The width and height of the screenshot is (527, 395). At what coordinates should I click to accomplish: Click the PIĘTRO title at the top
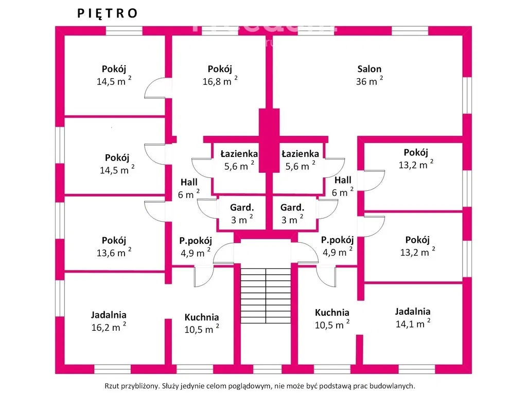[108, 14]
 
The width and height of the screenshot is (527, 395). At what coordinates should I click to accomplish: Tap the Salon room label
[370, 69]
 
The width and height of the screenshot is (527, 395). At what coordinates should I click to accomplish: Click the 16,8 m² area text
[219, 81]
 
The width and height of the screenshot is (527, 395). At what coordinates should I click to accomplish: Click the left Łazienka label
[239, 153]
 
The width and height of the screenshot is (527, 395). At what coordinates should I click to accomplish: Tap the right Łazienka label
[300, 153]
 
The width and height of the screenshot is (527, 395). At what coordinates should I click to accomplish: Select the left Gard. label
[241, 208]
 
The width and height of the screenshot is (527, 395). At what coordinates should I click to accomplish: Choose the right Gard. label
[292, 208]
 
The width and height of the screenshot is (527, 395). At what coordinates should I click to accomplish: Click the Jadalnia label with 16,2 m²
[109, 315]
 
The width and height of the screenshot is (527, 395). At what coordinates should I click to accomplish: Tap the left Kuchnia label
[202, 317]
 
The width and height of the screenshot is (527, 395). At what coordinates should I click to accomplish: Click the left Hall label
[189, 182]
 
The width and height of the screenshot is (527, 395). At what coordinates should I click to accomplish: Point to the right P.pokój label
[338, 240]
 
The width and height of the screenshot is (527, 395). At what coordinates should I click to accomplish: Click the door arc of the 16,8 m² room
[156, 88]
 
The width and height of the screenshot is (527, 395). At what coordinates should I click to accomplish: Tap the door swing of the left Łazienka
[202, 167]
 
